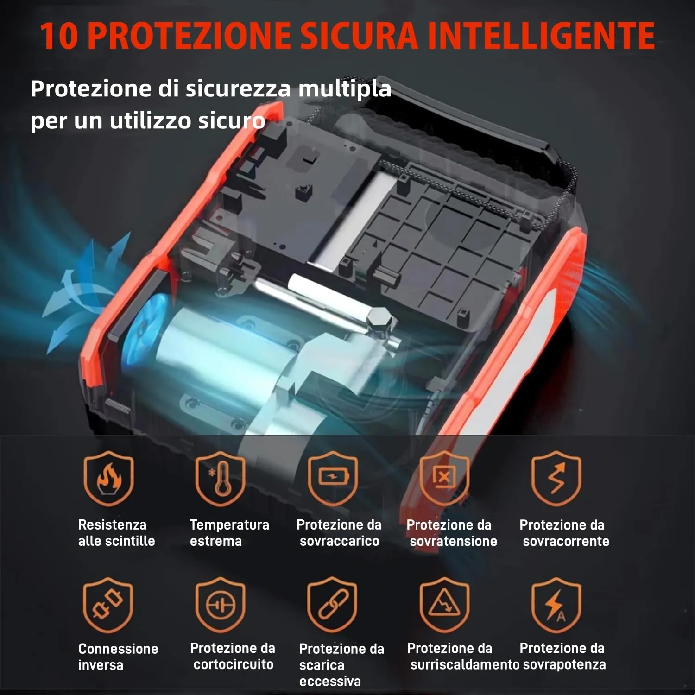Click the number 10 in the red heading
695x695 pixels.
coord(59,35)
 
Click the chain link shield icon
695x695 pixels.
coord(332,605)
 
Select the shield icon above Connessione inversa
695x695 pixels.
coord(108,605)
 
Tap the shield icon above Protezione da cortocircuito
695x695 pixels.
coord(221,605)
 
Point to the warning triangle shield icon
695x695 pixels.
coord(444,605)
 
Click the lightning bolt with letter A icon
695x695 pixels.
coord(556,605)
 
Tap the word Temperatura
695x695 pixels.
coord(229,525)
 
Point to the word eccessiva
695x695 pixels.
coord(330,681)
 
